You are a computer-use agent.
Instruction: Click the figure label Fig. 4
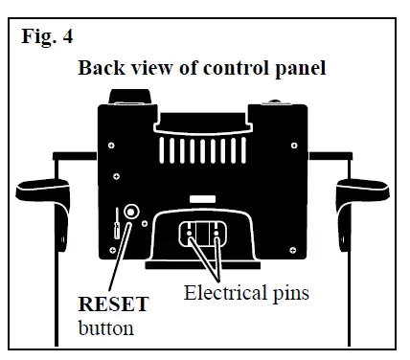click(47, 38)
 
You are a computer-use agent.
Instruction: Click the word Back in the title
click(100, 68)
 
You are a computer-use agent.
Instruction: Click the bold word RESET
click(113, 305)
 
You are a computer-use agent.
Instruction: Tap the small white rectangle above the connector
click(202, 198)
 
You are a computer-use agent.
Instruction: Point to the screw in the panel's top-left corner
click(111, 145)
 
